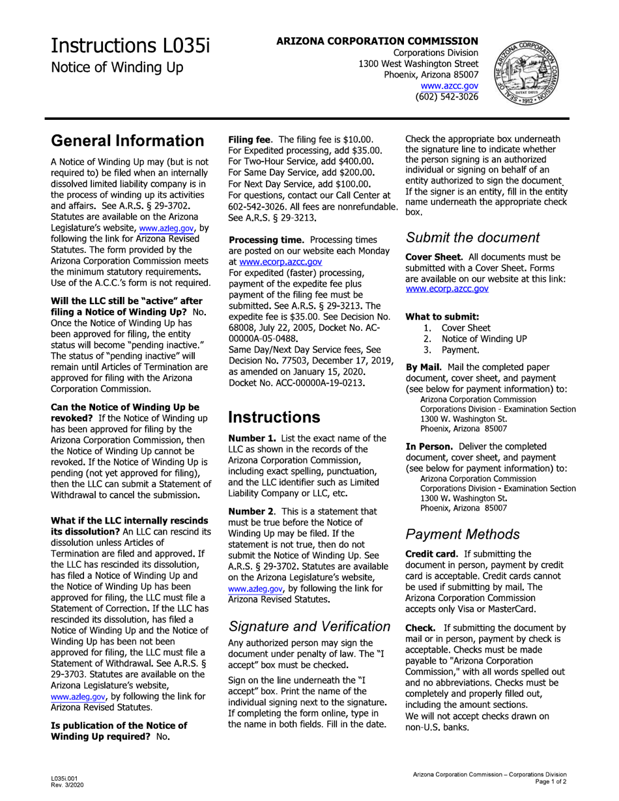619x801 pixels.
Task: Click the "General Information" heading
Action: pos(127,141)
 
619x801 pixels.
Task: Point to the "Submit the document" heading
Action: pos(472,238)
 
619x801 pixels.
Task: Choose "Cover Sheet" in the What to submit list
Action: pos(466,328)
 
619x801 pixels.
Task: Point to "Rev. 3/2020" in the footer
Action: pos(67,784)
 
